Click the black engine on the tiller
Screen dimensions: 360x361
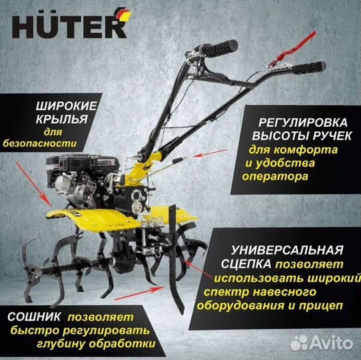click(80, 180)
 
